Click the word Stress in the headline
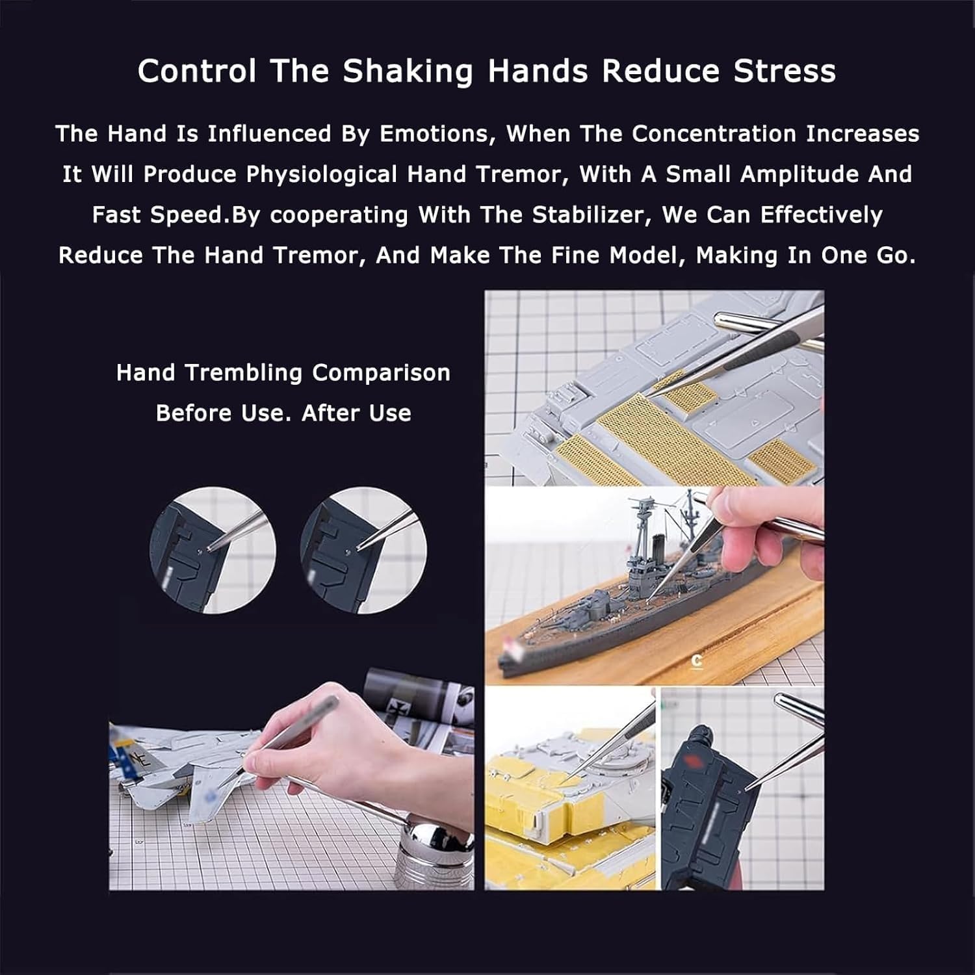(785, 71)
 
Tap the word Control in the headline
(197, 71)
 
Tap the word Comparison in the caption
(381, 373)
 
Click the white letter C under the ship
(697, 661)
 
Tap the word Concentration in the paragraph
(714, 134)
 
